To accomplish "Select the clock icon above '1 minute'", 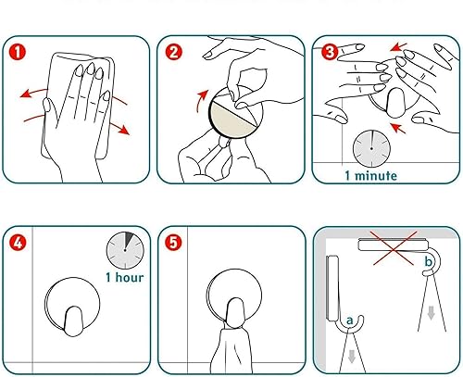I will (370, 145).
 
